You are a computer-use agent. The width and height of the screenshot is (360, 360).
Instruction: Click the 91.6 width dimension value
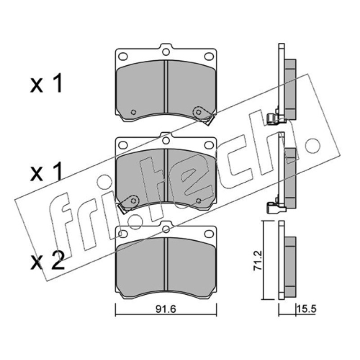click(x=166, y=309)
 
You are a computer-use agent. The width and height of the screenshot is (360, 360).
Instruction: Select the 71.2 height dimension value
click(x=257, y=261)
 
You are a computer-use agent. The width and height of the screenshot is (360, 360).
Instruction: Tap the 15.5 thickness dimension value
click(x=306, y=309)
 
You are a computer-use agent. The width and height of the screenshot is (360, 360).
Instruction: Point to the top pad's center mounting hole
click(x=166, y=52)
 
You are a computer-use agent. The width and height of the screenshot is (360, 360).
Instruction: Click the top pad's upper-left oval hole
click(x=123, y=56)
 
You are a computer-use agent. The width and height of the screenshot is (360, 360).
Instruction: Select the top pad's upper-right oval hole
click(x=209, y=56)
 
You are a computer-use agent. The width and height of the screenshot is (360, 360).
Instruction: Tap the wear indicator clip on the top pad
click(x=203, y=116)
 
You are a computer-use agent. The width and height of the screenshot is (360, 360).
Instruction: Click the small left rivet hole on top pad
click(x=133, y=112)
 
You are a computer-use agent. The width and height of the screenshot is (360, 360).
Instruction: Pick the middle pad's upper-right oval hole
click(x=209, y=145)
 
